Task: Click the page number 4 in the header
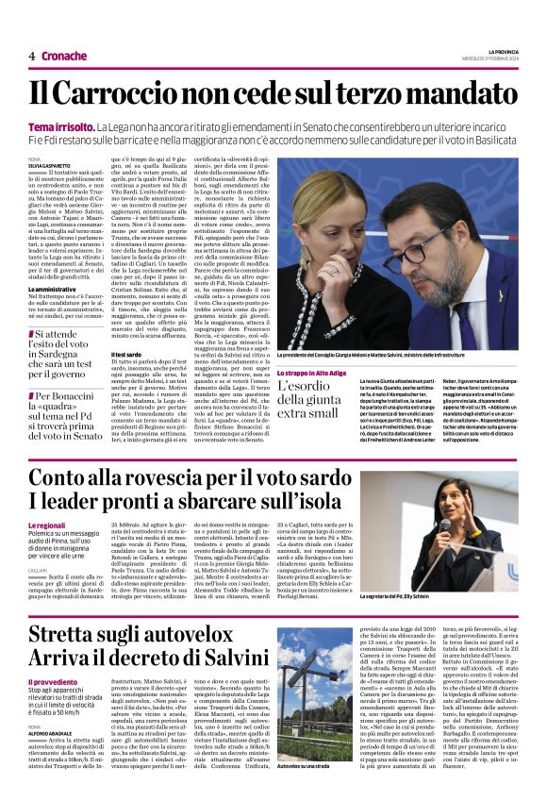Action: pos(32,57)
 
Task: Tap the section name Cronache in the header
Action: pos(64,57)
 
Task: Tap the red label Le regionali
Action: pos(46,525)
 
